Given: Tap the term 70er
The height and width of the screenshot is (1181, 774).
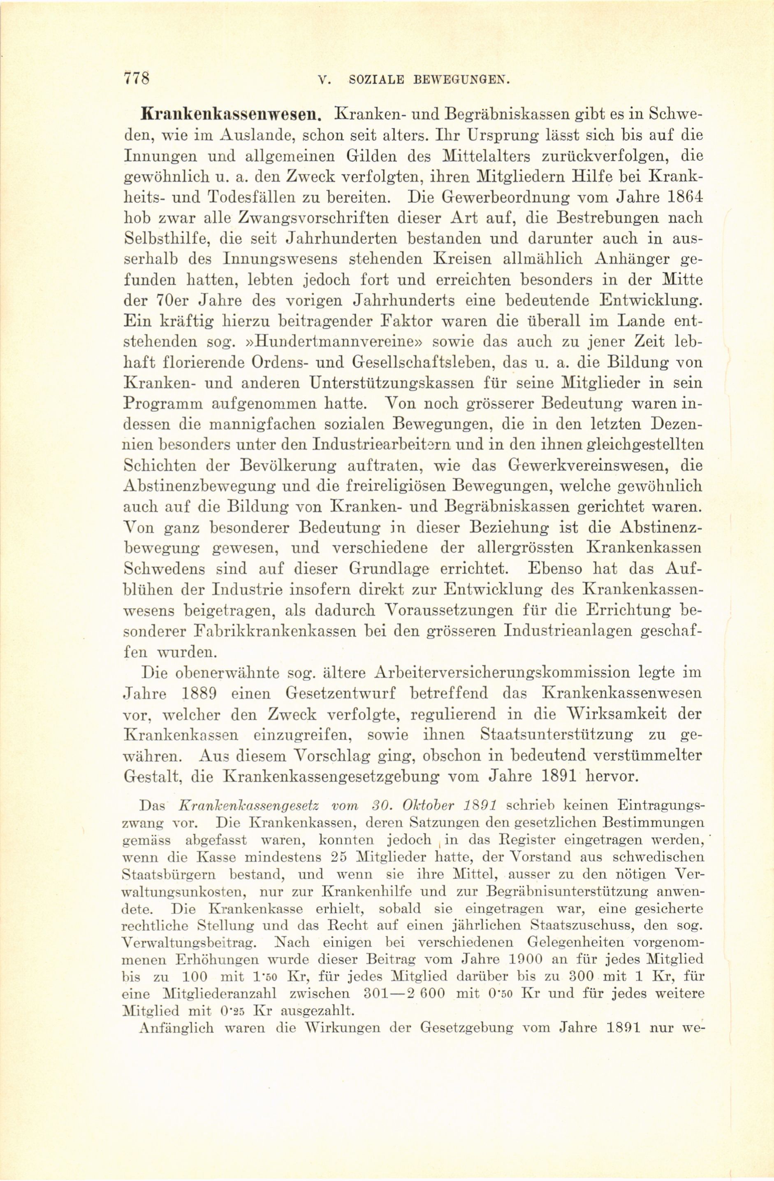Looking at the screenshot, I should (168, 301).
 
